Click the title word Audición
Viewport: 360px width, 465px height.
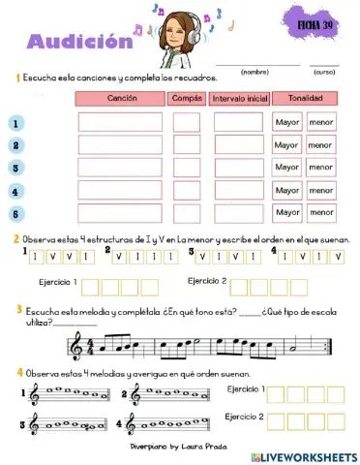78,42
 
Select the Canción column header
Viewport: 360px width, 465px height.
121,99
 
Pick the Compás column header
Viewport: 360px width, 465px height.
187,99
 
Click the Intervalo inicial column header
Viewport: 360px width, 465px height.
238,99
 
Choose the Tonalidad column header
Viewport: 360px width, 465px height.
304,99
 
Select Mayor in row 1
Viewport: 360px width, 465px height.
286,123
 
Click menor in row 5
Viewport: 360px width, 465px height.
320,213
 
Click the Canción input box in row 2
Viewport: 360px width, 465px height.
120,145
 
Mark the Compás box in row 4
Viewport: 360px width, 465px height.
187,190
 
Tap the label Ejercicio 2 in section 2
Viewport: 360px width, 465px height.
207,282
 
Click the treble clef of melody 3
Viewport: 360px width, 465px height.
35,423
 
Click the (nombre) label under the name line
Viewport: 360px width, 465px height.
255,71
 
